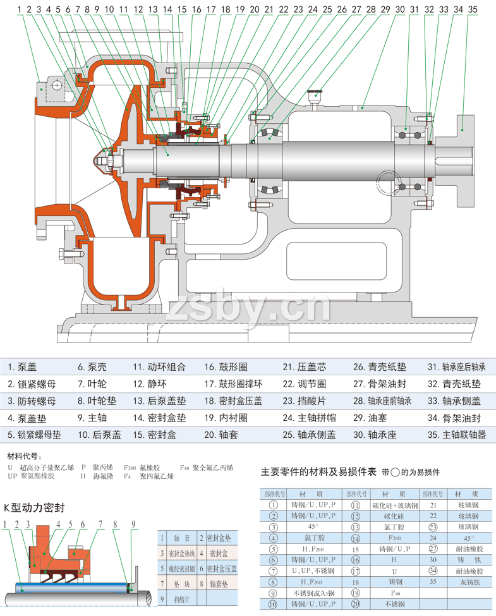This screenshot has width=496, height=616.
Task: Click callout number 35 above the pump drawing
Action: tap(473, 9)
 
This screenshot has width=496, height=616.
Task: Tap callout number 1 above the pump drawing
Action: tap(20, 9)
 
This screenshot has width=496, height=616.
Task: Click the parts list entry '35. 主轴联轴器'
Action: tap(457, 435)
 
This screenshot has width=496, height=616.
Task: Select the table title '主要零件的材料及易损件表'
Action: tap(318, 472)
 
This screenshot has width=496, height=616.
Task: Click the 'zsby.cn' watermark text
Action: tap(249, 308)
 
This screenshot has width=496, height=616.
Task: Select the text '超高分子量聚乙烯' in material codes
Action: tap(47, 468)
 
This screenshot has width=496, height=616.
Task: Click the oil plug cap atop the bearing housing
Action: tap(314, 96)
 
